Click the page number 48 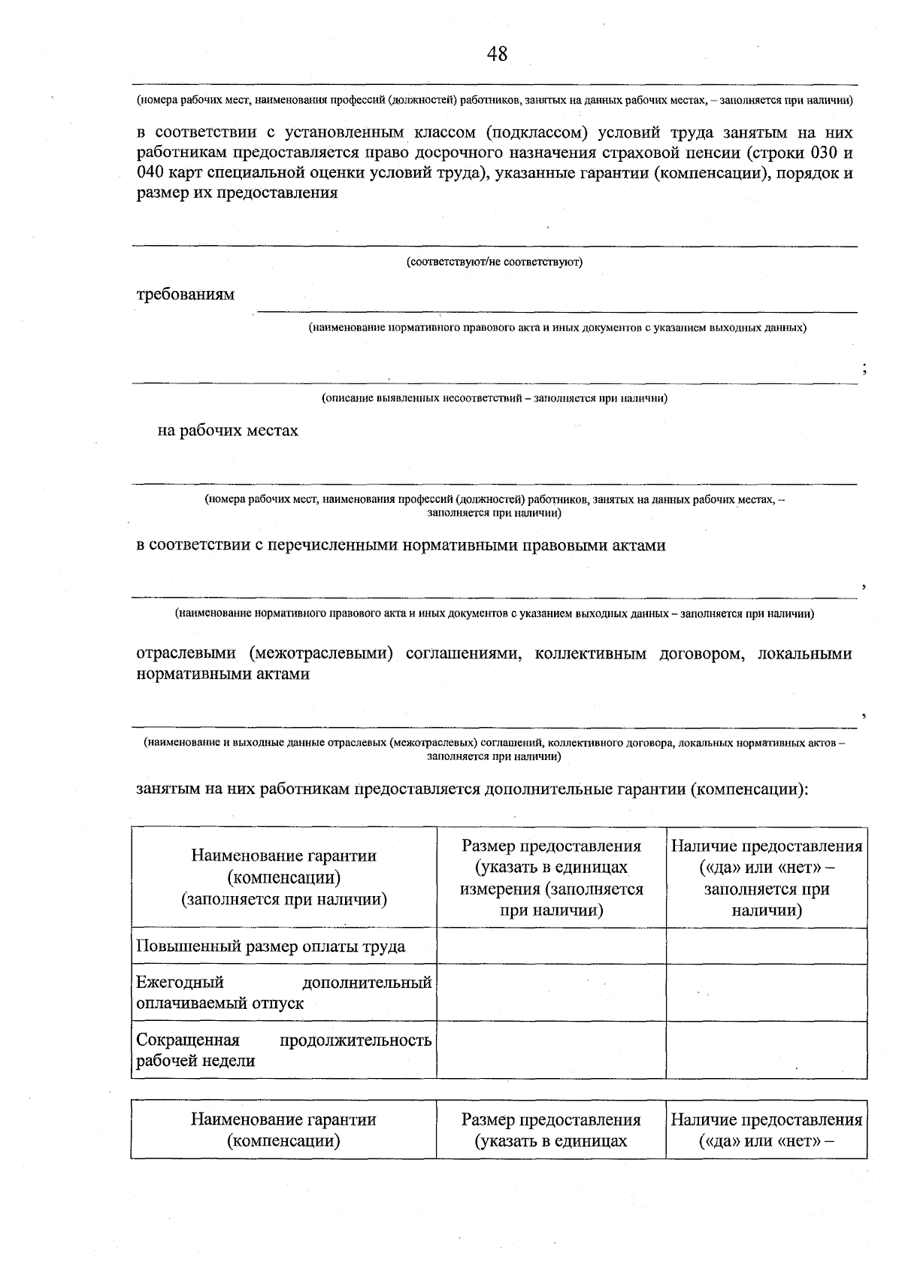[497, 54]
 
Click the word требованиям [185, 295]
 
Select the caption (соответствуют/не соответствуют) [495, 262]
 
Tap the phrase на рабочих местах [227, 431]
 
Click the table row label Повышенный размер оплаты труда [271, 946]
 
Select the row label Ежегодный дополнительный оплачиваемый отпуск [283, 992]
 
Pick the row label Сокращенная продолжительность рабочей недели [283, 1050]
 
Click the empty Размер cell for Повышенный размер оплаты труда [551, 946]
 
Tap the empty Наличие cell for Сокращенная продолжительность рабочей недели [765, 1050]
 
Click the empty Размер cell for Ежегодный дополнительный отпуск [551, 992]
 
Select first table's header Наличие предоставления [766, 877]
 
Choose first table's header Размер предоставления [551, 877]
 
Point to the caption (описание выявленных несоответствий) [495, 398]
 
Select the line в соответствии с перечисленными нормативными [401, 546]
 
